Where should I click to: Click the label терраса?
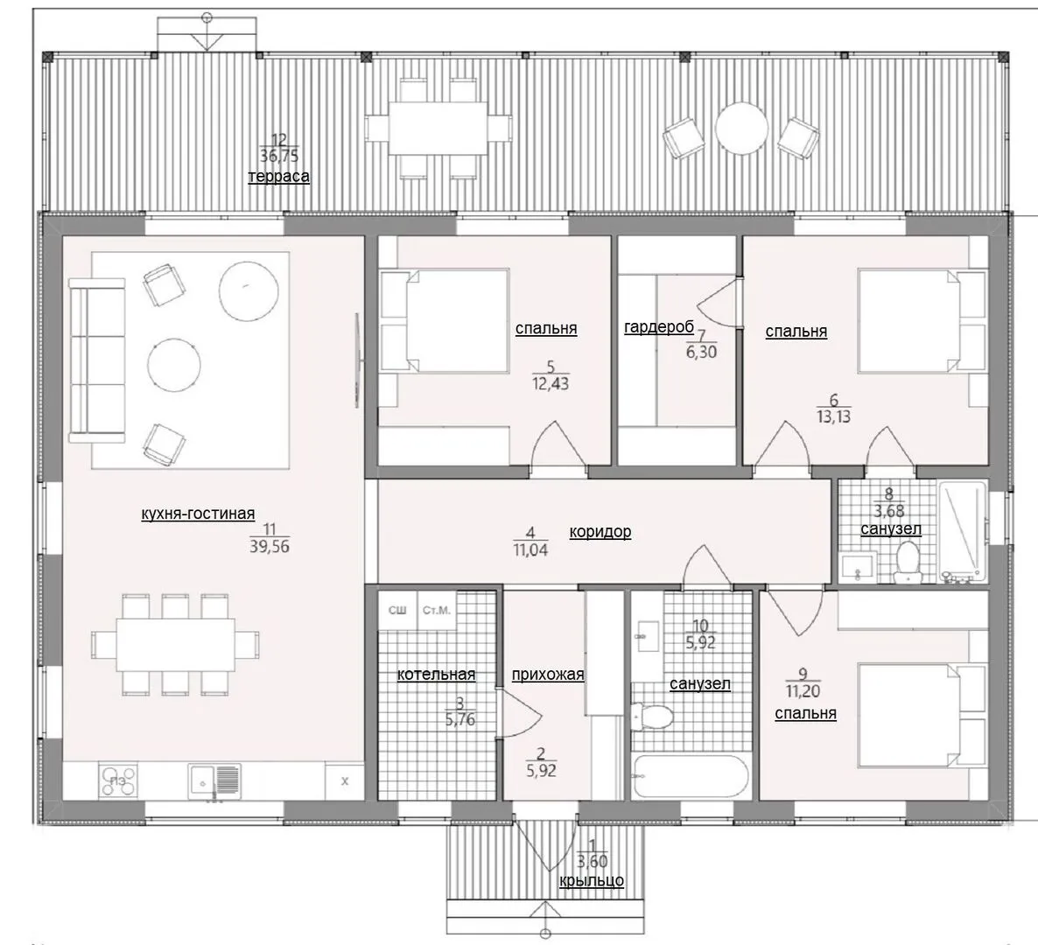[278, 177]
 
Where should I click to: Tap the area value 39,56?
[270, 547]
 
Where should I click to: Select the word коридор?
[600, 531]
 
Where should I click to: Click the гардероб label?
[659, 326]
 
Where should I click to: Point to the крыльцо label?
[592, 881]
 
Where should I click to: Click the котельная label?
[436, 675]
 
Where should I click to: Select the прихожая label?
[548, 675]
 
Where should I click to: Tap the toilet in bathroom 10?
[652, 716]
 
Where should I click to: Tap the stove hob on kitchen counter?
[119, 780]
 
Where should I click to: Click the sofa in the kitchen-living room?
[96, 360]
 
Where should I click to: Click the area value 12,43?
[551, 384]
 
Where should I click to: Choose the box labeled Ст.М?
[436, 610]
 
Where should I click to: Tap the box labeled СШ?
[398, 610]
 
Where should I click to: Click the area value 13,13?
[834, 416]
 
